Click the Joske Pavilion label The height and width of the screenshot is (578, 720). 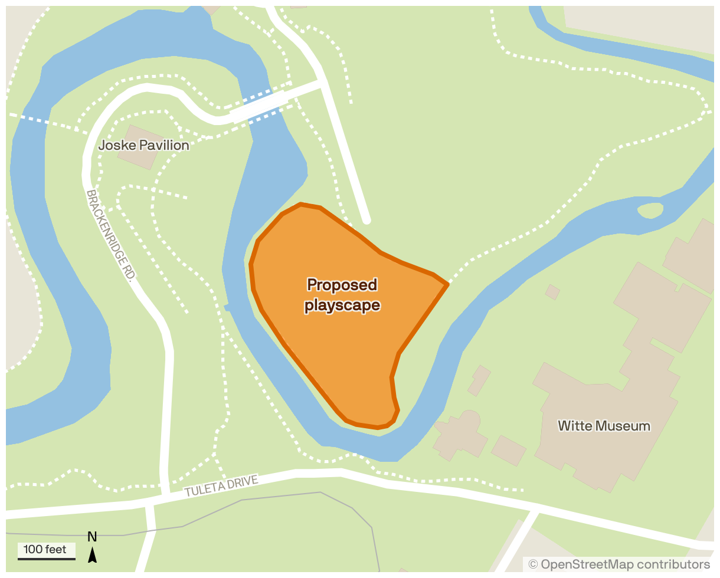point(144,145)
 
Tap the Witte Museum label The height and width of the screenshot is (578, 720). point(604,426)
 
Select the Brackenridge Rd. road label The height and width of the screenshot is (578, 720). point(112,234)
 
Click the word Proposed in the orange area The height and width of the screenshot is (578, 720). point(342,285)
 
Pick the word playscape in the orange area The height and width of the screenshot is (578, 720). point(342,306)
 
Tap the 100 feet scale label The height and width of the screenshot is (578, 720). point(45,550)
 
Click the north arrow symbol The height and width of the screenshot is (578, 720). point(92,554)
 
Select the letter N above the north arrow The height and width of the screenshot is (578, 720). point(92,537)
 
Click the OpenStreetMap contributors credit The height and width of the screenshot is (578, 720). point(619,564)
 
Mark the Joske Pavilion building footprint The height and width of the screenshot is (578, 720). point(138,147)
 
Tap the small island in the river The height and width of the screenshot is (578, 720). point(650,210)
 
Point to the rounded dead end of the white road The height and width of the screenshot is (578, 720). point(366,220)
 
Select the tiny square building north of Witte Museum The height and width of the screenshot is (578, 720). point(552,291)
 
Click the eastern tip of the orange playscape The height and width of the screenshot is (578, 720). point(447,284)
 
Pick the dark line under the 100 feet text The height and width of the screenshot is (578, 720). point(46,558)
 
